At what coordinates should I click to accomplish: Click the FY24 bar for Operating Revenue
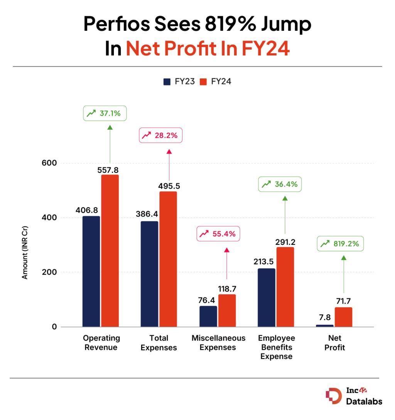(x=110, y=251)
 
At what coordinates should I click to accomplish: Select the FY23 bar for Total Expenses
(x=149, y=274)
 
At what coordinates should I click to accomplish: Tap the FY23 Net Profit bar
(x=324, y=326)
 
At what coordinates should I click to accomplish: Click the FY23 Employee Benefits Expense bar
(x=267, y=297)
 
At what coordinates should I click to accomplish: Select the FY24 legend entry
(x=216, y=81)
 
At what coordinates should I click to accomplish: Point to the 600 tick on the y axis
(x=49, y=163)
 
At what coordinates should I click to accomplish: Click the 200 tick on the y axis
(x=49, y=272)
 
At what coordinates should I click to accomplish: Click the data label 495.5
(x=169, y=186)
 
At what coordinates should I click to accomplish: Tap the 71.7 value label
(x=343, y=302)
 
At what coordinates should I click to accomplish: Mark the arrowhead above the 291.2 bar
(x=285, y=198)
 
